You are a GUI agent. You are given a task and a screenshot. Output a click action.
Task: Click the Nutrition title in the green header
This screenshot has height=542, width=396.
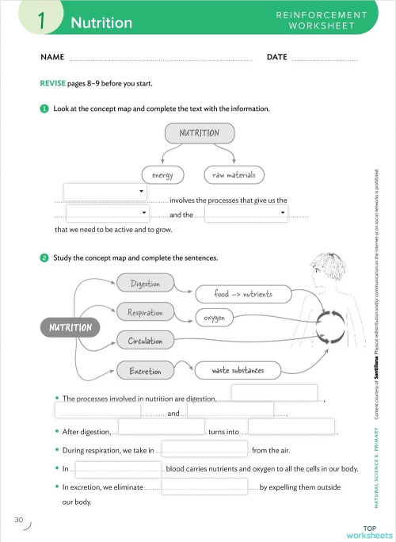tap(101, 23)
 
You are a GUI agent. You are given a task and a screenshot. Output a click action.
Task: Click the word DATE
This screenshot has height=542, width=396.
tap(276, 58)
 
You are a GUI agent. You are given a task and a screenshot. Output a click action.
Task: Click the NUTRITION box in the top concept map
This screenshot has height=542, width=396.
tap(199, 132)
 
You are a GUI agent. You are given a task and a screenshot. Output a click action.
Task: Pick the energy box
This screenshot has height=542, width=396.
tap(162, 174)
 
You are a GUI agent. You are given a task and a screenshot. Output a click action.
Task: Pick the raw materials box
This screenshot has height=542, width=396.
tap(234, 174)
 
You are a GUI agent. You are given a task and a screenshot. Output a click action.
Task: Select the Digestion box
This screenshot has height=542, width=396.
tap(145, 284)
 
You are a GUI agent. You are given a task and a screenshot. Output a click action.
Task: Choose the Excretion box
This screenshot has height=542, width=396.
tap(145, 370)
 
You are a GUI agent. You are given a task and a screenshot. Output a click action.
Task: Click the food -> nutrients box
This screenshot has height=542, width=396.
tap(242, 294)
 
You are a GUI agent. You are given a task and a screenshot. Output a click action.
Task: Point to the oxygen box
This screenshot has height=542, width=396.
tap(213, 318)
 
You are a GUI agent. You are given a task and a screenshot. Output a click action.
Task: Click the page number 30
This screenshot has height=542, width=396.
tap(18, 520)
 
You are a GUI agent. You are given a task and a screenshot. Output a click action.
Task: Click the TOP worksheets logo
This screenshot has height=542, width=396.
tap(369, 530)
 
